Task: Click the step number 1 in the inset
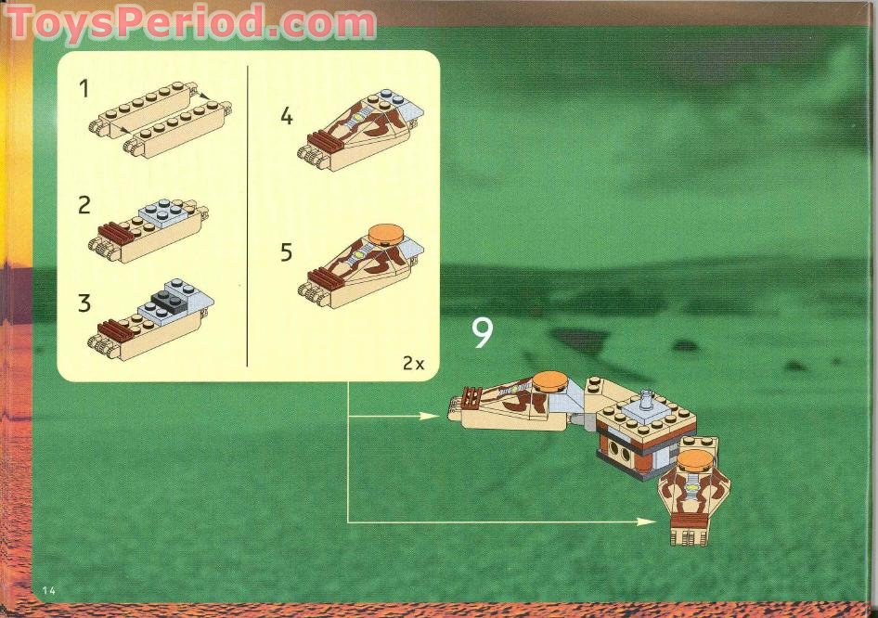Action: pos(84,89)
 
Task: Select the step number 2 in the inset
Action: pos(84,205)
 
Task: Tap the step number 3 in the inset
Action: pos(84,303)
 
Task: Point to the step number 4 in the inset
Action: pos(287,117)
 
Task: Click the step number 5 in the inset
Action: pos(287,252)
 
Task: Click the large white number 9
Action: pos(482,333)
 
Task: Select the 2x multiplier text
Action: pos(413,364)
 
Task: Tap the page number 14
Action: pos(49,591)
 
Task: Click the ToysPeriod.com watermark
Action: pos(190,22)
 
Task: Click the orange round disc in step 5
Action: pos(387,233)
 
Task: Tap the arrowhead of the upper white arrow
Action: pos(431,415)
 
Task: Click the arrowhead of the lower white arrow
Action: pos(651,522)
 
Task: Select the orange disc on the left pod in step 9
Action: pos(549,378)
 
